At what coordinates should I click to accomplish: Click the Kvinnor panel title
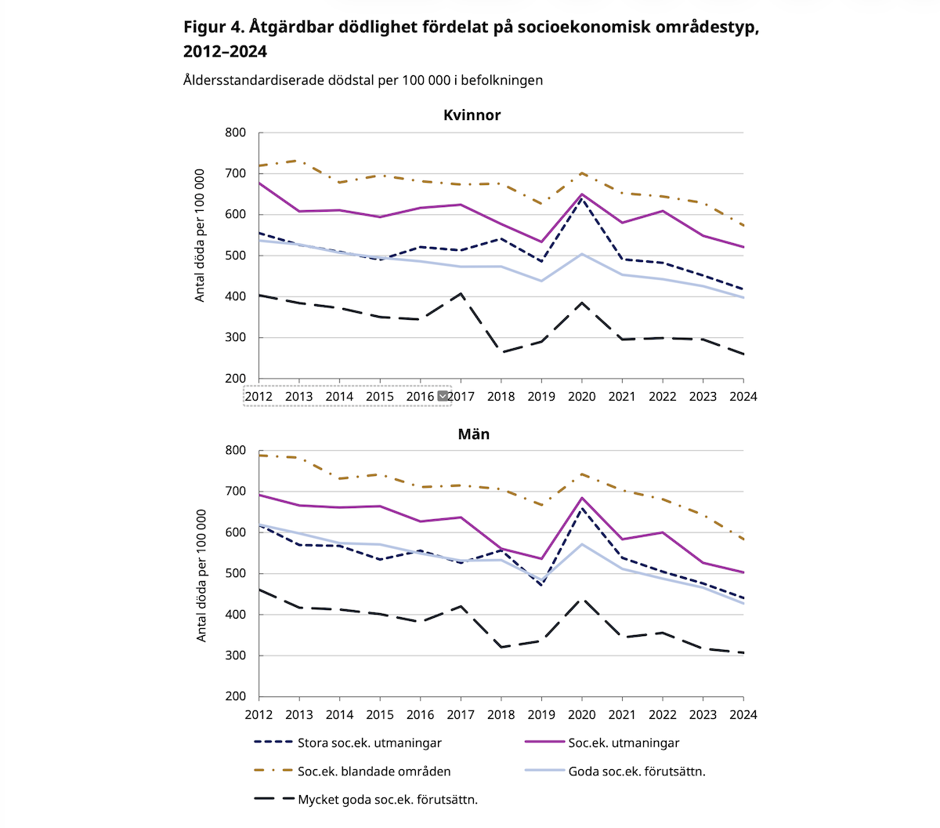tap(472, 115)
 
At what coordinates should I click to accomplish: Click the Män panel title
tap(473, 434)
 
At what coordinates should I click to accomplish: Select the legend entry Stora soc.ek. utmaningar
tap(369, 743)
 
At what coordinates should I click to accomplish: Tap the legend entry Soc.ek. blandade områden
tap(374, 772)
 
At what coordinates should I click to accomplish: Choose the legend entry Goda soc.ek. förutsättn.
tap(636, 772)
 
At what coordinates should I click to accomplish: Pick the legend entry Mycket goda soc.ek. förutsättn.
tap(387, 800)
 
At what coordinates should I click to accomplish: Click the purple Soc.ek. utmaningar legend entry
tap(624, 743)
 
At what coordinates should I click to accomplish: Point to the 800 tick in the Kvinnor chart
tap(235, 133)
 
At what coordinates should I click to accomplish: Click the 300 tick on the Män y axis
tap(235, 655)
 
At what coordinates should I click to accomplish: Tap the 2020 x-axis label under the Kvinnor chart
tap(581, 397)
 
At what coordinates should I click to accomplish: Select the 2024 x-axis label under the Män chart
tap(743, 715)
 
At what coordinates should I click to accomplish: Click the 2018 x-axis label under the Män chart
tap(501, 715)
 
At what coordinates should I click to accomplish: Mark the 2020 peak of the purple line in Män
tap(582, 498)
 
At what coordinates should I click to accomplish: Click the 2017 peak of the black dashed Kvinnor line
tap(461, 294)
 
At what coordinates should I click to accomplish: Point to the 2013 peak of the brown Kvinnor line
tap(299, 161)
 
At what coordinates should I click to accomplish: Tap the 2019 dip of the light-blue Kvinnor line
tap(541, 281)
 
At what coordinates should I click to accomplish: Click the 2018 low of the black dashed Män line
tap(501, 647)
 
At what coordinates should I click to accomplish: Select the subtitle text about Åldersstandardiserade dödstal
tap(363, 80)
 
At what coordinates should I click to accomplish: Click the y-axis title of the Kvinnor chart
tap(201, 235)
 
